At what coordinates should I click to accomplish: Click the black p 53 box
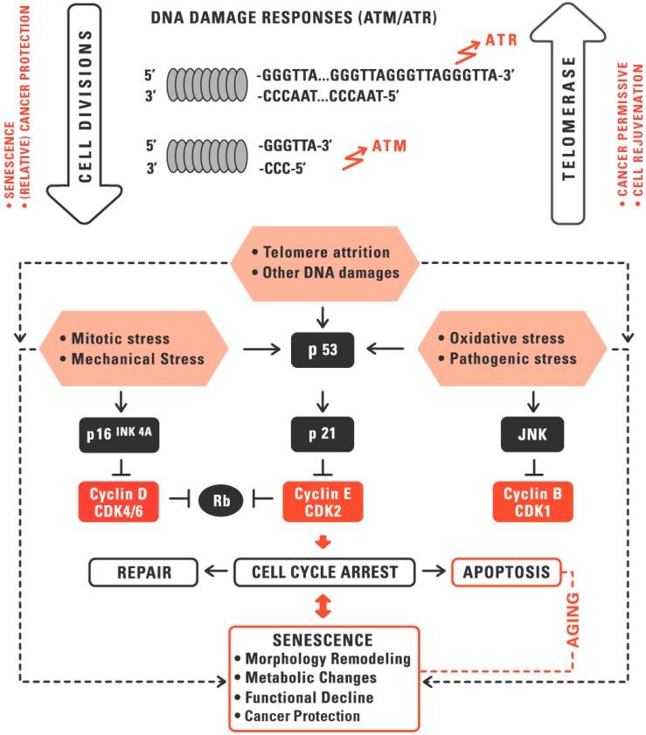pyautogui.click(x=324, y=352)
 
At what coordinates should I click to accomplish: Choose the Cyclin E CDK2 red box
pyautogui.click(x=324, y=502)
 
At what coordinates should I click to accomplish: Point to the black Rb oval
pyautogui.click(x=217, y=502)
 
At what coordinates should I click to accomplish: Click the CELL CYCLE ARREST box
pyautogui.click(x=324, y=573)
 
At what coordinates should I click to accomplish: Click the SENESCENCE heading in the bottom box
pyautogui.click(x=323, y=640)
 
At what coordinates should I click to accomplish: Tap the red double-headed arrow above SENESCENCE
pyautogui.click(x=324, y=606)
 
